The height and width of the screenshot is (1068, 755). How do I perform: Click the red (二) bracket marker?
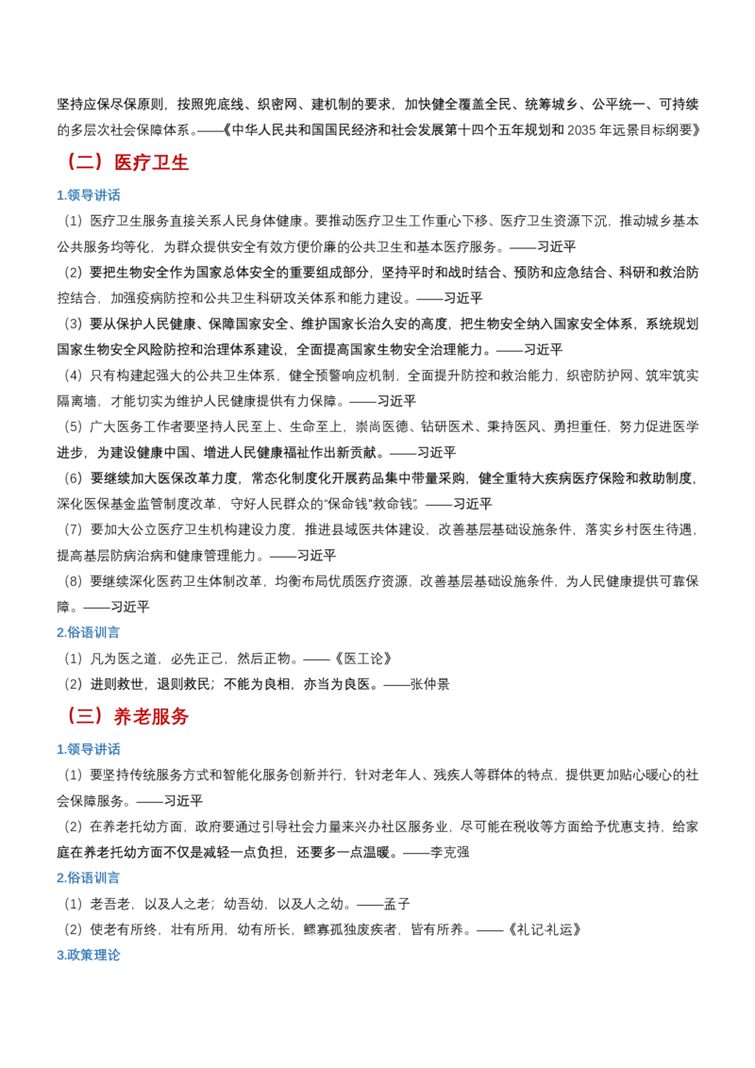pos(84,162)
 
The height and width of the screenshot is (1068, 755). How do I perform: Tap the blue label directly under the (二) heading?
pos(92,194)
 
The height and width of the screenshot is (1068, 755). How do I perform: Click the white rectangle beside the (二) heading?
pos(388,173)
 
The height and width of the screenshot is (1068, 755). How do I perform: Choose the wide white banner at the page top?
pos(400,34)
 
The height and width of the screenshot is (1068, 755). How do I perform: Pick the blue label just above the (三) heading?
pos(92,632)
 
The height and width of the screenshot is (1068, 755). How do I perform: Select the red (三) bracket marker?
pos(84,715)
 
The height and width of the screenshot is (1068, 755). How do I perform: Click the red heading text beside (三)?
pos(151,717)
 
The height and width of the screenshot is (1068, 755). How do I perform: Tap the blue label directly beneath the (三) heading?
pos(92,750)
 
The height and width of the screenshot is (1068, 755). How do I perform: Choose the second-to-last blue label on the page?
pos(92,878)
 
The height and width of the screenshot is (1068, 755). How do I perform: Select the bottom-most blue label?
pos(92,955)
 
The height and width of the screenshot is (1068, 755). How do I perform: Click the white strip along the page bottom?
pos(377,1036)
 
